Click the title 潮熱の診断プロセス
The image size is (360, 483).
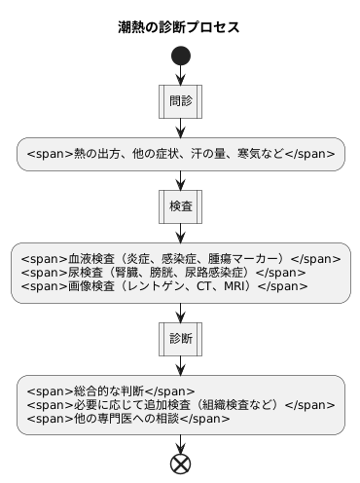coord(179,26)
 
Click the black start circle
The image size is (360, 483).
coord(180,56)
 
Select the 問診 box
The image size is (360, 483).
coord(180,100)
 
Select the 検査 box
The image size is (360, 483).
coord(180,206)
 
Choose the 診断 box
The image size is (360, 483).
coord(180,339)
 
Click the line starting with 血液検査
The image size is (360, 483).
coord(180,259)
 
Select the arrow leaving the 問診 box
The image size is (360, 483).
coord(180,127)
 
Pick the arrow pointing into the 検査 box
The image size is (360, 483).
coord(180,181)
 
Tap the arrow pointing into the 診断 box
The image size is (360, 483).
coord(180,314)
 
